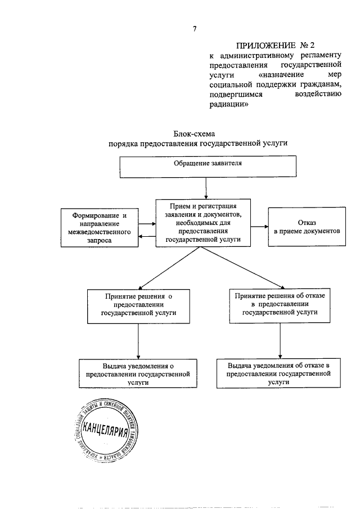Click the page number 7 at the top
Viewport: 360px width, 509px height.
(194, 29)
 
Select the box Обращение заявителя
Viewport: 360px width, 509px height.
(206, 165)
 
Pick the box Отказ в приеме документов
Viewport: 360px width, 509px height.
(307, 227)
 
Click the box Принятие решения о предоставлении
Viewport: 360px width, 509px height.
(138, 305)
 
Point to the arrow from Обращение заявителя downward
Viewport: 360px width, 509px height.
(206, 187)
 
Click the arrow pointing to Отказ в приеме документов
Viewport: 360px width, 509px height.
(259, 227)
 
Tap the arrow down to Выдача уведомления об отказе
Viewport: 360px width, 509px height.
(280, 341)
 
